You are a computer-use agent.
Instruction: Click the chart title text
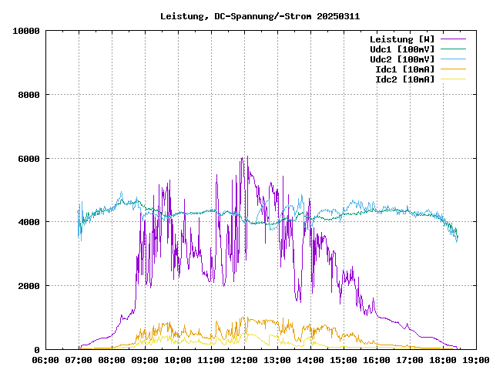tap(260, 15)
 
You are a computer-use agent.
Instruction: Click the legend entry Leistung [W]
tap(401, 39)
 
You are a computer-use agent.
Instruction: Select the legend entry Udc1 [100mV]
tap(401, 49)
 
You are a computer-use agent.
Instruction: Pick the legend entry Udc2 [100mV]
tap(401, 59)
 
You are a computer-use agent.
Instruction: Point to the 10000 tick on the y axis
tap(26, 31)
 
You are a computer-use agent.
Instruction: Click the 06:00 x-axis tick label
tap(46, 359)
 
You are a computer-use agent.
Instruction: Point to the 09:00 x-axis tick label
tap(145, 359)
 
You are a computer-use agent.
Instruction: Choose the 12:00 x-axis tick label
tap(244, 359)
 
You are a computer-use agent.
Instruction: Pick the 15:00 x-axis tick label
tap(343, 359)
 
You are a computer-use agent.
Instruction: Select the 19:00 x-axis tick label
tap(475, 359)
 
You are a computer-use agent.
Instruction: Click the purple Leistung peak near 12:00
tap(243, 158)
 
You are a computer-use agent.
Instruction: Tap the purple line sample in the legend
tap(453, 39)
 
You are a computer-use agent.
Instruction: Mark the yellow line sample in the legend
tap(453, 79)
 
